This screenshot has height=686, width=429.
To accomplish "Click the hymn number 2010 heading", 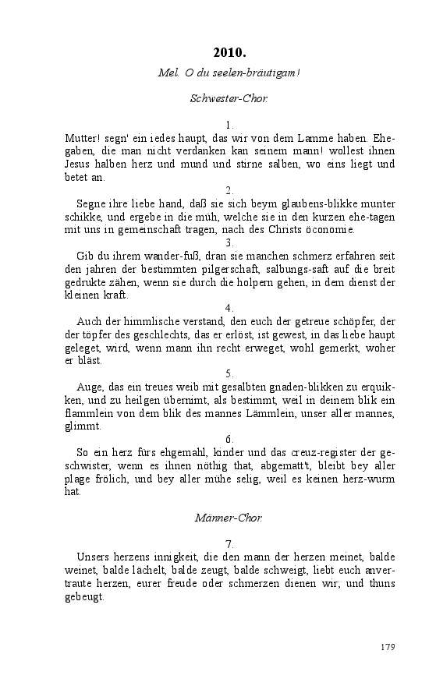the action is (229, 53).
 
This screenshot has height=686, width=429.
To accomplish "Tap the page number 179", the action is (388, 647).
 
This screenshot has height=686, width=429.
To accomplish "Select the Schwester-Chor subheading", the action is (229, 98).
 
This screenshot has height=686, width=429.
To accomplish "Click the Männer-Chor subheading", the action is (229, 517).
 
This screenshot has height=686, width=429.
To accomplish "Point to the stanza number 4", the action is (229, 307).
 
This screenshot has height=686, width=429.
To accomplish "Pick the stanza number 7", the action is (229, 543).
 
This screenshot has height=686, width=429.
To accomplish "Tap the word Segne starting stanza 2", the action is (93, 204).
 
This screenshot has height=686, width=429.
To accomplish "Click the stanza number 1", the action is (229, 125).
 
